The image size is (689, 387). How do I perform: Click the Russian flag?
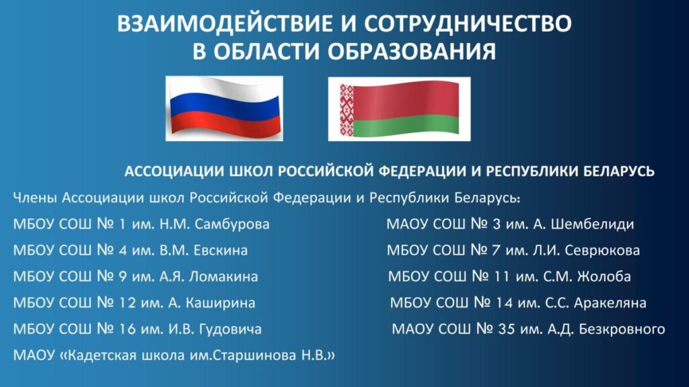(x=224, y=108)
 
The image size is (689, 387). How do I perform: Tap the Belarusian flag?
(x=400, y=109)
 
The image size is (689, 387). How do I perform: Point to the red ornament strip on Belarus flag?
(x=347, y=110)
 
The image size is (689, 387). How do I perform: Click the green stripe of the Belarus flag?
(x=406, y=126)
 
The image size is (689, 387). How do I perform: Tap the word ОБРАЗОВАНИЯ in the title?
(x=412, y=51)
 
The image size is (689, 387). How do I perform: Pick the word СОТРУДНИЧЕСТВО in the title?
(x=468, y=24)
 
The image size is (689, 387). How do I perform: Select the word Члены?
(x=35, y=198)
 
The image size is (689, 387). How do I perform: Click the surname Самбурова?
(x=232, y=224)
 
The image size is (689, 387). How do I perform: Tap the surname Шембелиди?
(x=592, y=224)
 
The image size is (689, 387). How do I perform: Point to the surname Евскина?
(x=221, y=251)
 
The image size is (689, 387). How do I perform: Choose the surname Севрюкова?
(x=602, y=251)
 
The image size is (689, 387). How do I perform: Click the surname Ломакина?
(x=223, y=276)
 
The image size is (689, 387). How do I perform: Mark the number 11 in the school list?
(x=501, y=276)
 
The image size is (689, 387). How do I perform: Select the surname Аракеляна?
(x=610, y=303)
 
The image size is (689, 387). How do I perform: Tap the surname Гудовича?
(x=230, y=329)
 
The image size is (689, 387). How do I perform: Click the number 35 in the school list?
(x=506, y=329)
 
